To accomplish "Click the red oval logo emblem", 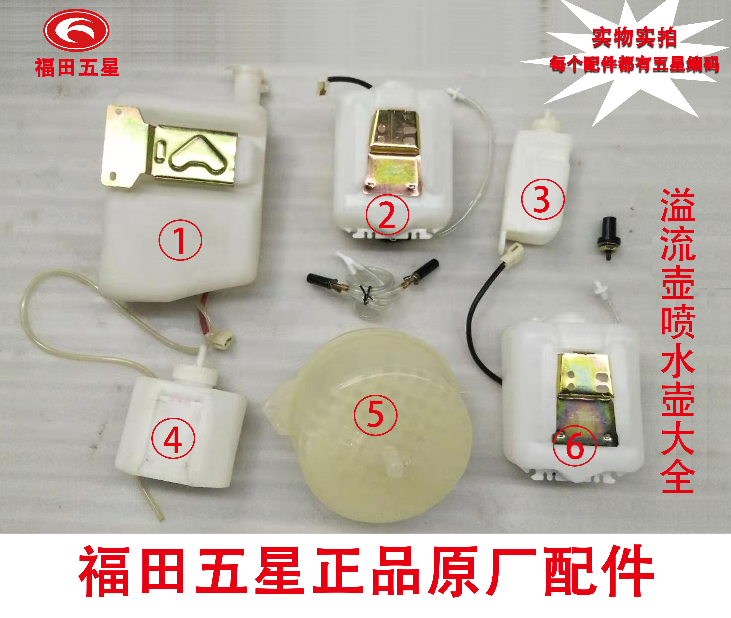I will [76, 31].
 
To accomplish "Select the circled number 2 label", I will [387, 215].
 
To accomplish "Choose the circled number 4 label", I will [173, 440].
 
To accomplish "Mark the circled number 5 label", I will [375, 415].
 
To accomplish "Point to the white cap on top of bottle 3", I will [545, 121].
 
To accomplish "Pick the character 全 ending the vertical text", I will [677, 476].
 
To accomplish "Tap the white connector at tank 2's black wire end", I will [322, 88].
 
